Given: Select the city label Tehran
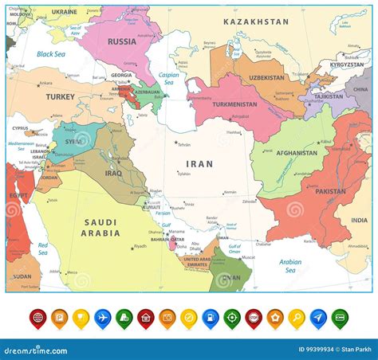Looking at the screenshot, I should coord(183,144).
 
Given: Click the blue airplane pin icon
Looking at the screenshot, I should coord(102,319).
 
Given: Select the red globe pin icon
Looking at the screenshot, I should coord(37,319).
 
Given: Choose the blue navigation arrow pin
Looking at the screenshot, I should coord(317,319).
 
